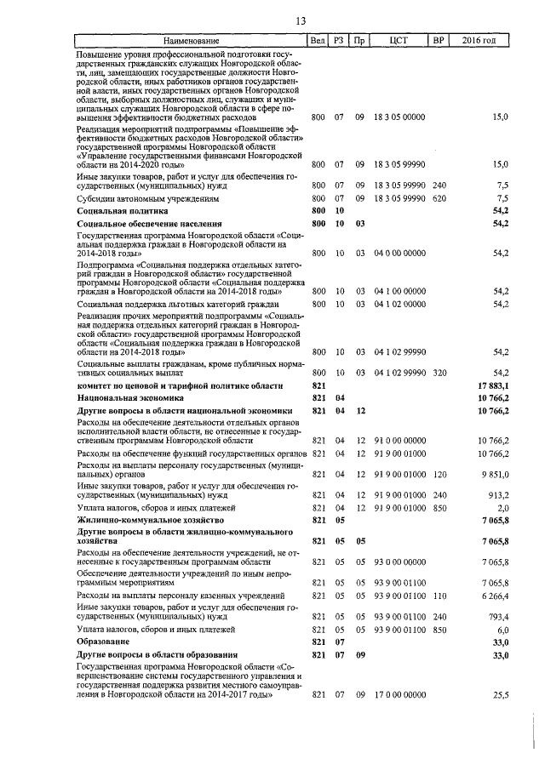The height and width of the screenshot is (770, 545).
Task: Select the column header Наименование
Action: coord(191,40)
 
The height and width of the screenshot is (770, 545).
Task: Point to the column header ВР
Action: coord(439,40)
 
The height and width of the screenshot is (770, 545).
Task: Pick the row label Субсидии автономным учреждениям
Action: coord(146,197)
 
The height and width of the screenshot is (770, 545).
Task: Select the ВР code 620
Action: coord(439,197)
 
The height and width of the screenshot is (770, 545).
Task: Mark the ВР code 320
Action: coord(439,373)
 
